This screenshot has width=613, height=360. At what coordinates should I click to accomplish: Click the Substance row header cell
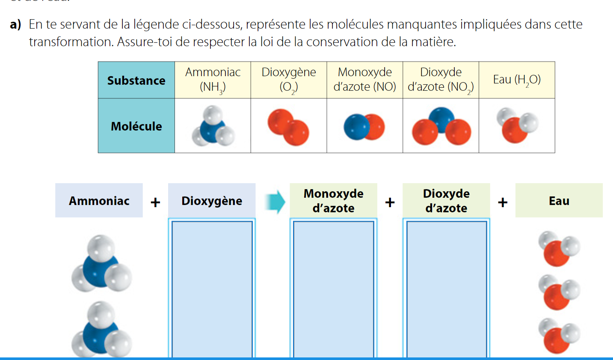[136, 80]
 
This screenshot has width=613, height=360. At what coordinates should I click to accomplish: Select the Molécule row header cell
[136, 126]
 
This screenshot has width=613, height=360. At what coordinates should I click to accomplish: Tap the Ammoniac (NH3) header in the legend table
[213, 80]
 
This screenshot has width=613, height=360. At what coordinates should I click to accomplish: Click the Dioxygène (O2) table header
[289, 80]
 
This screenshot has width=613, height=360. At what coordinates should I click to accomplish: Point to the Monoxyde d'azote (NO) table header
[364, 80]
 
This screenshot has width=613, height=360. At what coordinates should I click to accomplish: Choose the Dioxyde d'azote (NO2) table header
[441, 80]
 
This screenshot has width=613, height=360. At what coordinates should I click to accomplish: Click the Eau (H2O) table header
[517, 80]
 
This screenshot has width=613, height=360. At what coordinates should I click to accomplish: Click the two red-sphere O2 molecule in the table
[288, 127]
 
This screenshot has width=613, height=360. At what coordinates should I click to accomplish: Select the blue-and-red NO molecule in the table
[364, 127]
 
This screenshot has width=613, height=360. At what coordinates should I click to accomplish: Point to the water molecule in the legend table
[517, 125]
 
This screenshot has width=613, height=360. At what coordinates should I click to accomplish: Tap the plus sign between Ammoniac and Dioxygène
[155, 202]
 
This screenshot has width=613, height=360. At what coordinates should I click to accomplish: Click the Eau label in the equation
[559, 201]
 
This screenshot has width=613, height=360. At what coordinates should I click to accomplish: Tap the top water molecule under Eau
[559, 249]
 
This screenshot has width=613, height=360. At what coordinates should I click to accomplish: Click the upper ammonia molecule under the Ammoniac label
[101, 264]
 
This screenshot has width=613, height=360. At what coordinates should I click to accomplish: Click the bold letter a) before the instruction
[15, 24]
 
